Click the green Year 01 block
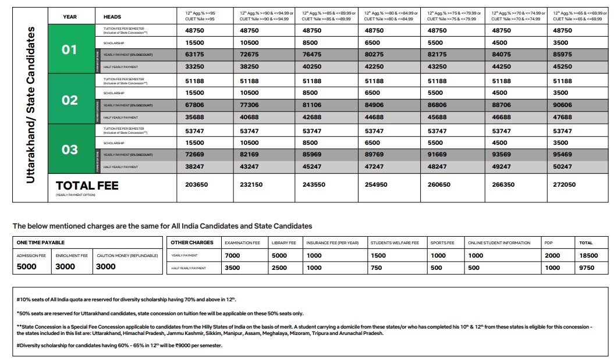tap(69, 49)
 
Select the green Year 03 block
tap(69, 149)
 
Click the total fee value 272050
tap(564, 184)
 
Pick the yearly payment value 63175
tap(195, 55)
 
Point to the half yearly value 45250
tap(562, 67)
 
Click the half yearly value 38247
tap(195, 167)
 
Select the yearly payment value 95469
tap(562, 155)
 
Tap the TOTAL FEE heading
tap(87, 186)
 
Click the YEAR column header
tap(70, 17)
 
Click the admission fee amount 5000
tap(26, 267)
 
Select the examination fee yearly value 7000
tap(232, 255)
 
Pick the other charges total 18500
tap(589, 255)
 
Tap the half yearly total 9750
tap(587, 268)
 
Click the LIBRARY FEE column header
tap(283, 243)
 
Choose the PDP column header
tap(549, 243)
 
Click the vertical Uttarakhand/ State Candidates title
tap(30, 105)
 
